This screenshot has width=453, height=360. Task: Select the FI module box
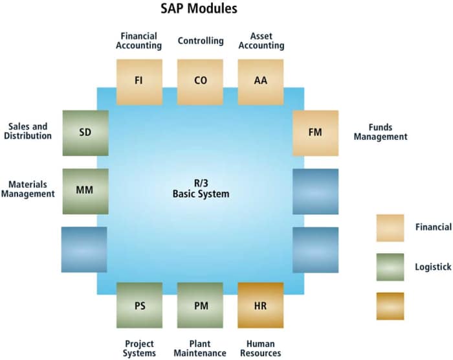(139, 82)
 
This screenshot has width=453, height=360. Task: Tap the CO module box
(200, 82)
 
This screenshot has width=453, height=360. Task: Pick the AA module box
(261, 82)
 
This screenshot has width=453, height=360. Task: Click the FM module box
(315, 133)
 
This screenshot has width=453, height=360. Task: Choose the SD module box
(85, 133)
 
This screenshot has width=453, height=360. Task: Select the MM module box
(85, 191)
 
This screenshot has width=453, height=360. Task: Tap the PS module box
(139, 305)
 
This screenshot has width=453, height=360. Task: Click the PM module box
(200, 305)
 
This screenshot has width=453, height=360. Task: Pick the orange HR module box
(261, 305)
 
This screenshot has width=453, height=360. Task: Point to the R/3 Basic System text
(201, 188)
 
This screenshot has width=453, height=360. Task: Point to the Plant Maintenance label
(200, 348)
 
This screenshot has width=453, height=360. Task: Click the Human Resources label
(261, 348)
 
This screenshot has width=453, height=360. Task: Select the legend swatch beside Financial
(390, 228)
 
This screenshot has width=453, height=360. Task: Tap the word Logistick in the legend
(433, 267)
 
